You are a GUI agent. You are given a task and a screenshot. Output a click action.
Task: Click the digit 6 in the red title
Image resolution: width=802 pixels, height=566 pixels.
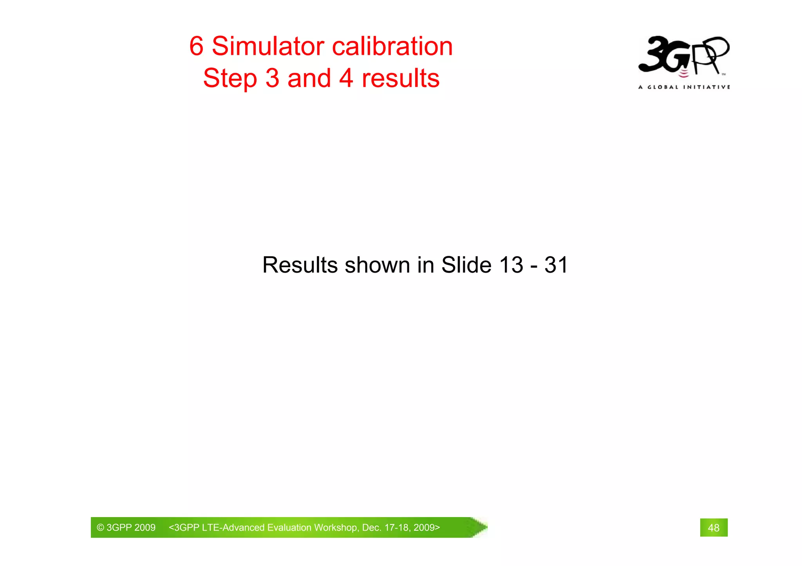tap(197, 47)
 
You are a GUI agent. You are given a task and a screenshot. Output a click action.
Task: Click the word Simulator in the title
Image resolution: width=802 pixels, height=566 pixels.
tap(268, 47)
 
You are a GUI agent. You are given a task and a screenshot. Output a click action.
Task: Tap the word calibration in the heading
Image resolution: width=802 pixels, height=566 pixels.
tap(392, 47)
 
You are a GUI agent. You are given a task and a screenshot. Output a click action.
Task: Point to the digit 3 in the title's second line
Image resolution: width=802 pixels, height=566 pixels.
tap(273, 79)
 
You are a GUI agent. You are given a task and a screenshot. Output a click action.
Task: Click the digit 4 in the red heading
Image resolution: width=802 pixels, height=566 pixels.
tap(346, 79)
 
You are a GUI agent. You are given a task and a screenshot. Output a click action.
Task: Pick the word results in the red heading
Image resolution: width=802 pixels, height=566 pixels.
tap(401, 79)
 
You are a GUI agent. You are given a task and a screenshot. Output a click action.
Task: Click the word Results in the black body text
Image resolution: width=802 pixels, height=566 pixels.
tap(300, 265)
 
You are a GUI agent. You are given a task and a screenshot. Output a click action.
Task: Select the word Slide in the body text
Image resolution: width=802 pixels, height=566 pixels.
tap(466, 265)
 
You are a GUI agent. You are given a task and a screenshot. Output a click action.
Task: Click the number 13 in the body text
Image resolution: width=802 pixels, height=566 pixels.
tap(511, 265)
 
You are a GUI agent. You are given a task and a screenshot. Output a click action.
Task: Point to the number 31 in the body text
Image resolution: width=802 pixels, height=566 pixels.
tap(556, 265)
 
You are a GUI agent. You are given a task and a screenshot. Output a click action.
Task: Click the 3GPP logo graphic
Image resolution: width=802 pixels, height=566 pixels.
tap(684, 56)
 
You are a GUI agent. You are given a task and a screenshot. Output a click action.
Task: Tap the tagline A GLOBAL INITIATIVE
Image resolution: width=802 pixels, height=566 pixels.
tap(684, 87)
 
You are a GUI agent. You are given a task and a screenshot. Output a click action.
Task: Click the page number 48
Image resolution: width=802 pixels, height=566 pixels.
tap(713, 528)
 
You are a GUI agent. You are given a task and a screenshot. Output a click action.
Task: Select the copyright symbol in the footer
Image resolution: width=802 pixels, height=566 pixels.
tap(101, 528)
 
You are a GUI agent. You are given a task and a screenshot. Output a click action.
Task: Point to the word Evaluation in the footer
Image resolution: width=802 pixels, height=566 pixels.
tap(289, 528)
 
